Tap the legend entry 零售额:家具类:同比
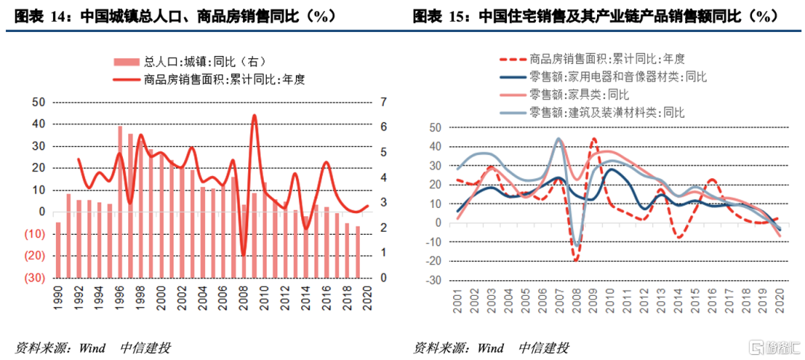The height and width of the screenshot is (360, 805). tap(578, 94)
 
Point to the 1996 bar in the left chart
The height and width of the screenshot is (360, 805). tap(120, 201)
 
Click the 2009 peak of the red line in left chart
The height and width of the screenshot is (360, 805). tap(254, 116)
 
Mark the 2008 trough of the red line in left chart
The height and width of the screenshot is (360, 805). tap(243, 255)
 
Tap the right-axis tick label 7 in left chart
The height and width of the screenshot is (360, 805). tap(384, 102)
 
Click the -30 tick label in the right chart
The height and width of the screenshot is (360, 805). tap(432, 280)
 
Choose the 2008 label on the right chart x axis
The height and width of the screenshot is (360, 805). tap(577, 300)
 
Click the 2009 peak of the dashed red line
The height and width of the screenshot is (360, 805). tap(594, 139)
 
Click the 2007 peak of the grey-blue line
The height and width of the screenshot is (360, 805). tap(559, 139)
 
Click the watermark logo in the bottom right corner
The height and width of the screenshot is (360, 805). tap(772, 347)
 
